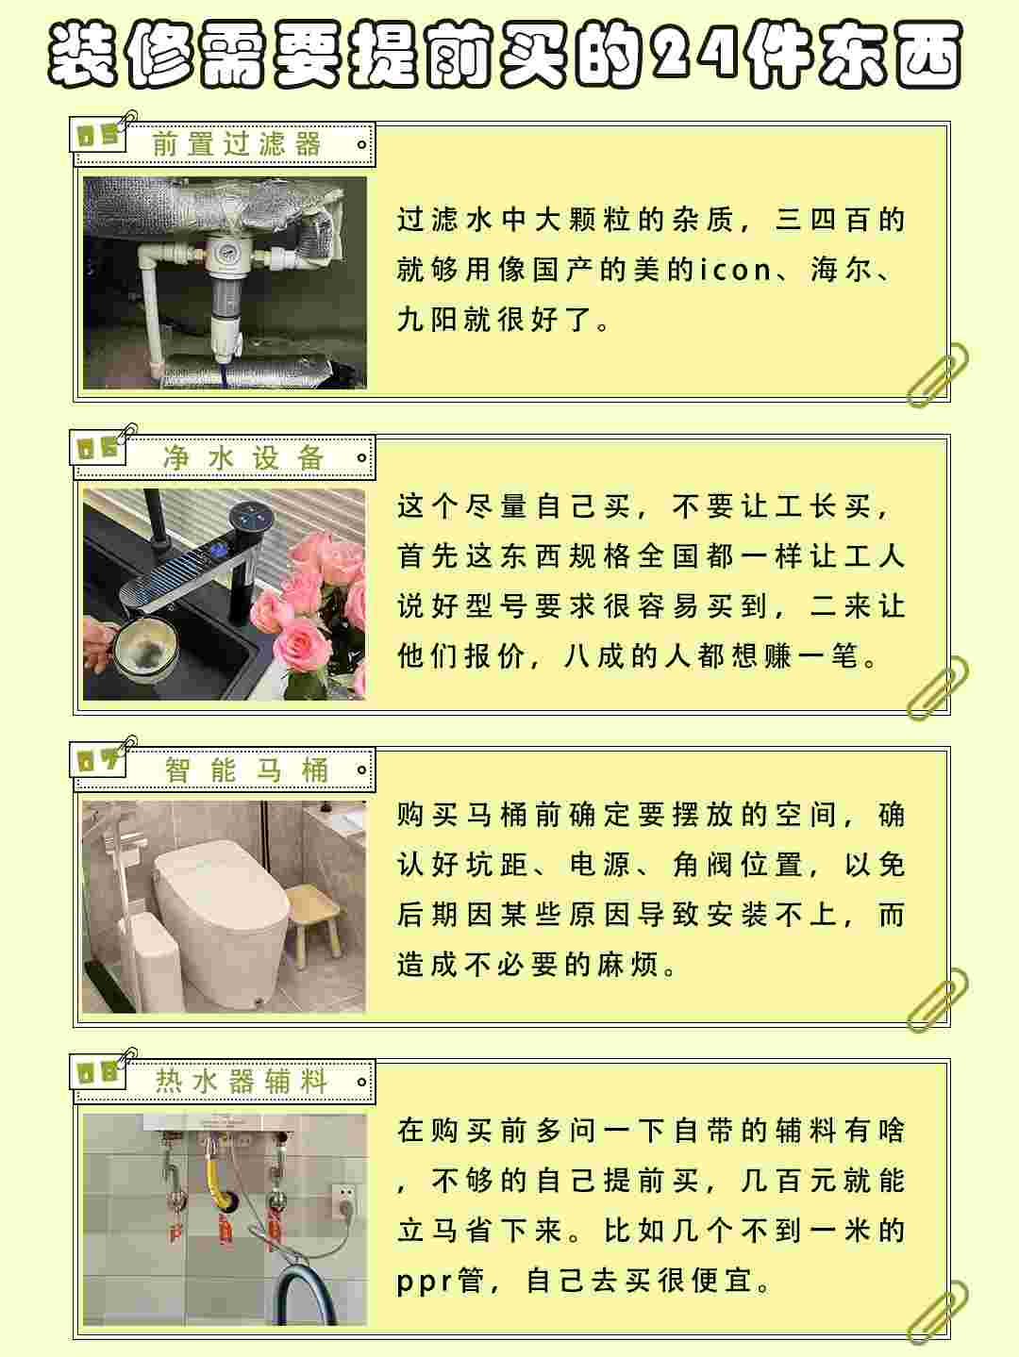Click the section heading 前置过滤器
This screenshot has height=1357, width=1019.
pyautogui.click(x=236, y=144)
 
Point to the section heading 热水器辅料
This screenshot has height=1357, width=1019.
pyautogui.click(x=241, y=1082)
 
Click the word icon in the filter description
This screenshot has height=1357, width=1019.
pyautogui.click(x=736, y=270)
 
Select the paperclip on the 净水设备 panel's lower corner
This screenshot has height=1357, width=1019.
pyautogui.click(x=937, y=688)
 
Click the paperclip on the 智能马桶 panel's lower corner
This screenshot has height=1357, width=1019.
pyautogui.click(x=937, y=1000)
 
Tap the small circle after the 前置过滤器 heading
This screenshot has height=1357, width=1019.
pyautogui.click(x=361, y=145)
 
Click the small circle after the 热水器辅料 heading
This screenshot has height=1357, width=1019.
pyautogui.click(x=361, y=1082)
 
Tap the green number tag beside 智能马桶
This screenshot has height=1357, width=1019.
pyautogui.click(x=98, y=760)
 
